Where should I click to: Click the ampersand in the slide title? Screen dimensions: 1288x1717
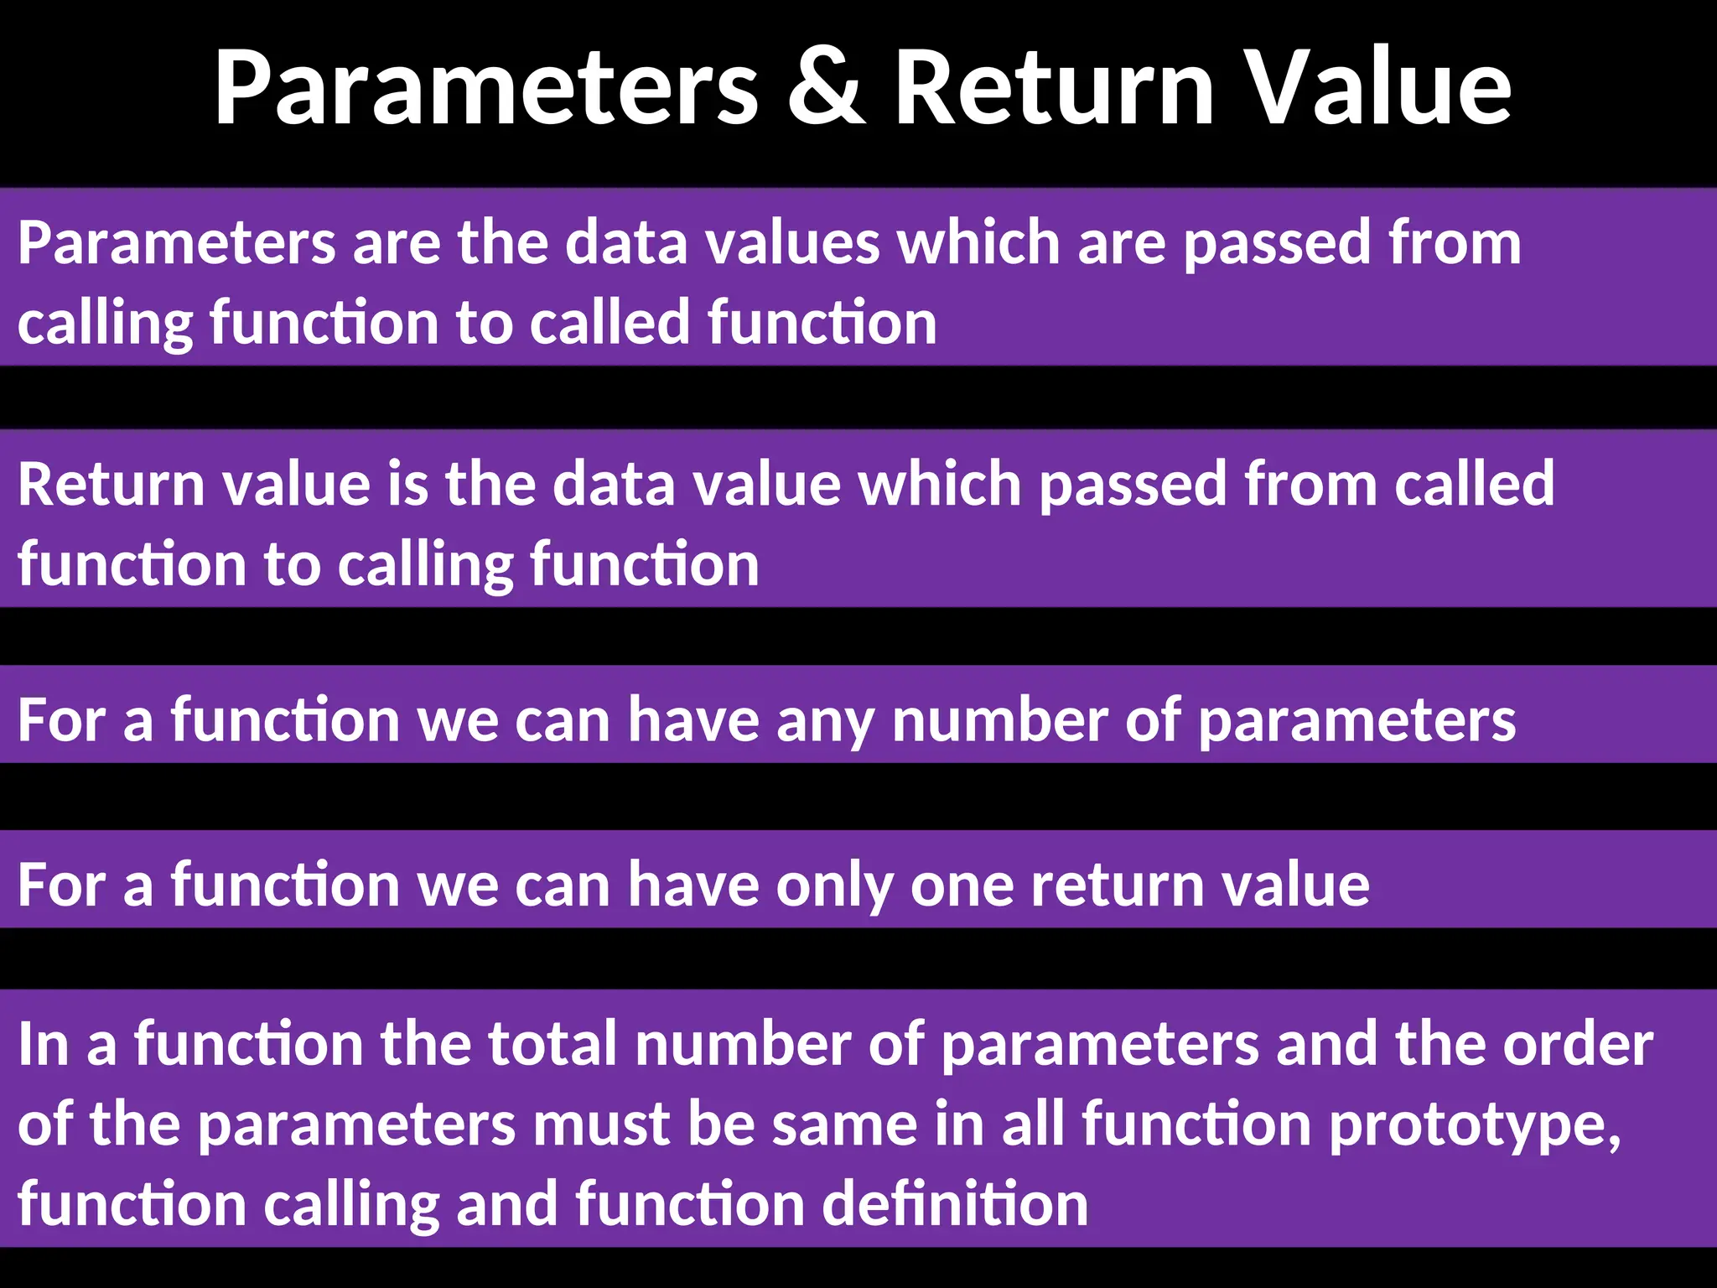pyautogui.click(x=826, y=88)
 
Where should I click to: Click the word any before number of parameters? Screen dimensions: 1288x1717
pyautogui.click(x=825, y=723)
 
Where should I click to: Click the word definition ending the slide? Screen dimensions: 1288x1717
pyautogui.click(x=957, y=1205)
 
